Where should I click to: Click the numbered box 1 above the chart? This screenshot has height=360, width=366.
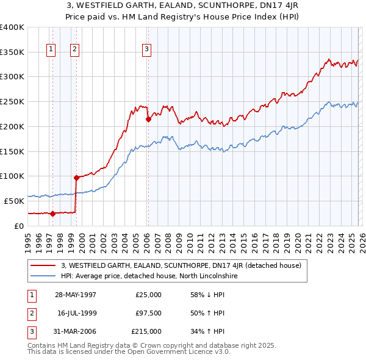coord(50,50)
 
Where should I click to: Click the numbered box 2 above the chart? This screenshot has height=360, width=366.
coord(74,50)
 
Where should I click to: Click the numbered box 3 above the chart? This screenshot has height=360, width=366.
coord(147,50)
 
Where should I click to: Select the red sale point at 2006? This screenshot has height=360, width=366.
coord(148,120)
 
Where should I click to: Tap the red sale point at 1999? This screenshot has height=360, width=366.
coord(76,178)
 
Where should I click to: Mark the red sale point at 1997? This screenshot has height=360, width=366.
coord(53,214)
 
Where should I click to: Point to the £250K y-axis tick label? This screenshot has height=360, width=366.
coord(12,101)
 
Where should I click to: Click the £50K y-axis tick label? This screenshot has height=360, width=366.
coord(13,201)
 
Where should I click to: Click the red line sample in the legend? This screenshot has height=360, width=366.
coord(43,265)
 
